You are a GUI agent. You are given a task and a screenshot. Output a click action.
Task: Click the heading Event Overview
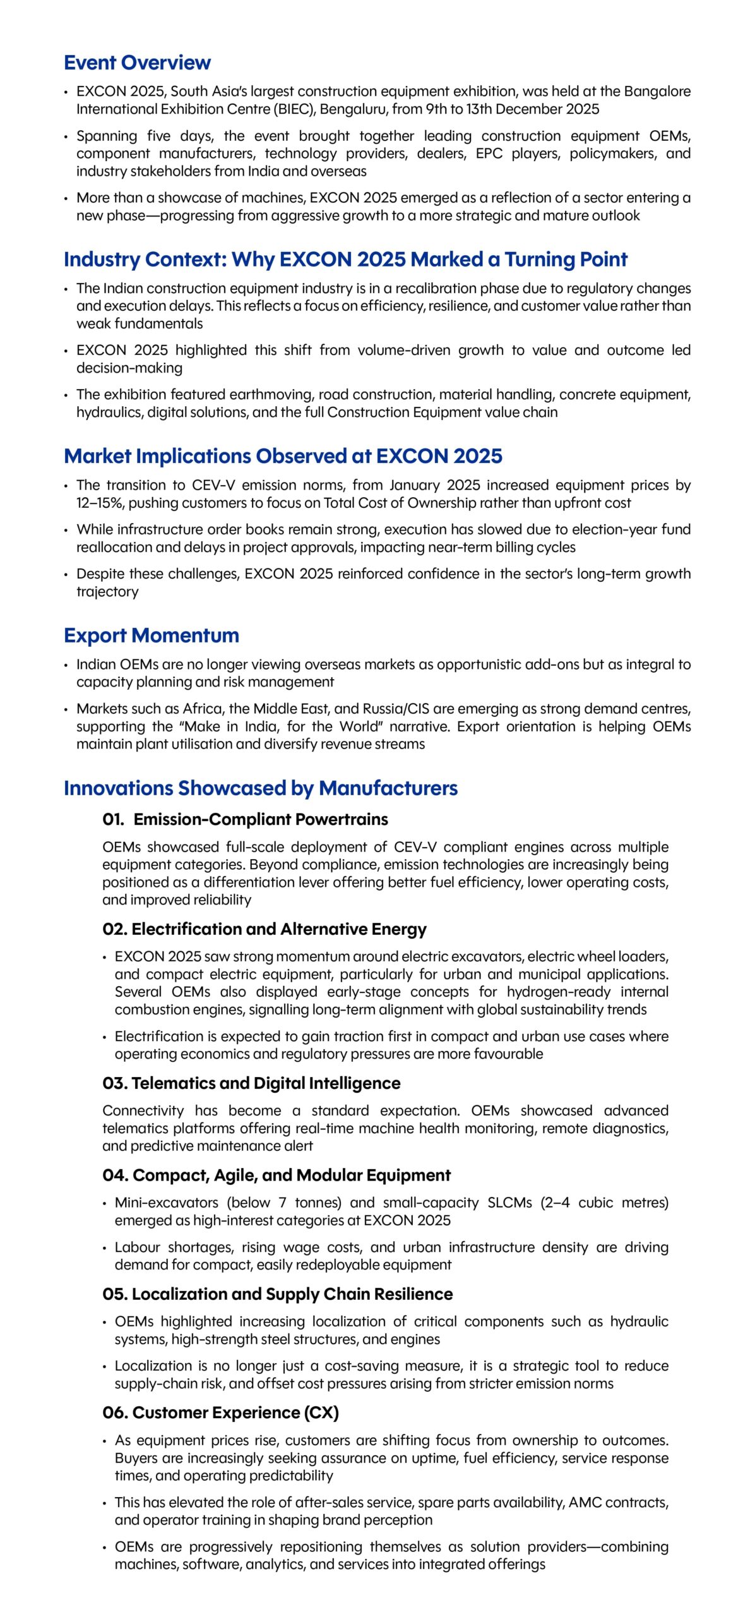(x=137, y=63)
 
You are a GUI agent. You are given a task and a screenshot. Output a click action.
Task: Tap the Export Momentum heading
(x=152, y=635)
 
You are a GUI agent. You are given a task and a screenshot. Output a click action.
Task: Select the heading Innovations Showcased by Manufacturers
(x=261, y=788)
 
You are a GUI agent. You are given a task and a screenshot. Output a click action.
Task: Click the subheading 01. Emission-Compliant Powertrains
(x=245, y=819)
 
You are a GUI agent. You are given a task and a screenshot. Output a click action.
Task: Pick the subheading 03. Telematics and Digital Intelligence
(x=251, y=1083)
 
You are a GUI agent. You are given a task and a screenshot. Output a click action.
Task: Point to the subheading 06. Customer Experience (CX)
(x=220, y=1412)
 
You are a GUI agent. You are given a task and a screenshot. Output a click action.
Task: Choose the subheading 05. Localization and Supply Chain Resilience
(x=277, y=1294)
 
